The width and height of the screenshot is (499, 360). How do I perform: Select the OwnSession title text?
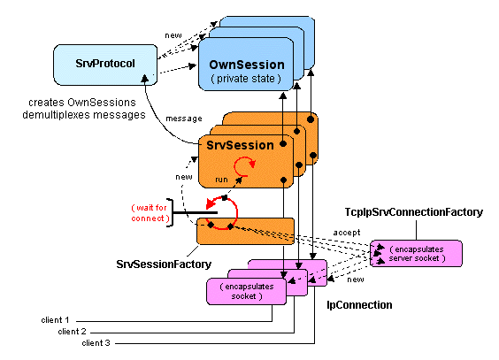coord(246,65)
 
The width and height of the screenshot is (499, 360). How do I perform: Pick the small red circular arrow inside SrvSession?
coord(243,168)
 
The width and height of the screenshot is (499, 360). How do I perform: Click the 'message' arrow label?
coord(183,119)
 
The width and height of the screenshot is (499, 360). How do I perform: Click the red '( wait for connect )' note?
coord(146,213)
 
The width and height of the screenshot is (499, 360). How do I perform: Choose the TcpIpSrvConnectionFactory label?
coord(414,214)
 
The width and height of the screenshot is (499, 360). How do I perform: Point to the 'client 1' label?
coord(55,318)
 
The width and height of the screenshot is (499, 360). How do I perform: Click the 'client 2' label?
coord(73,330)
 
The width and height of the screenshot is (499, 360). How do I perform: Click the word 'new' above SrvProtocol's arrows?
coord(173,35)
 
